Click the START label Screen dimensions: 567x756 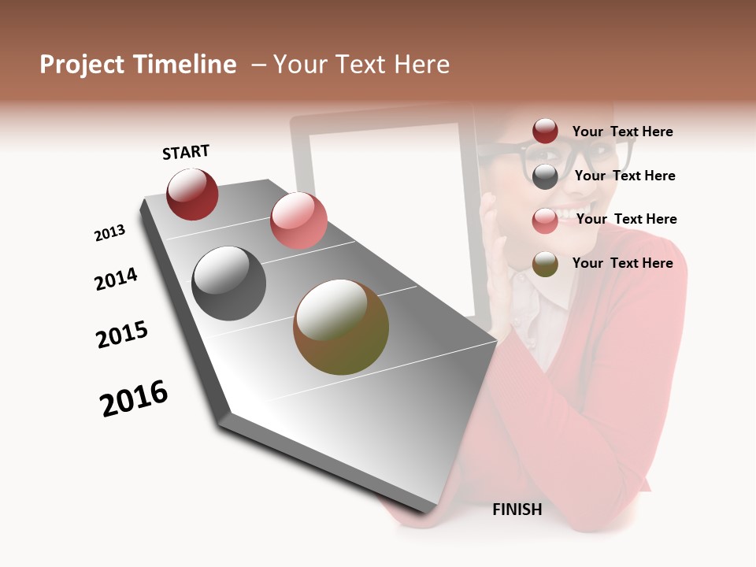point(186,152)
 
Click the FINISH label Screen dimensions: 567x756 point(517,510)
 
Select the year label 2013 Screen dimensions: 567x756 point(109,233)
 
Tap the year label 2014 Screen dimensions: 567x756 point(116,279)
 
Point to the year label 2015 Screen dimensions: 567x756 point(122,335)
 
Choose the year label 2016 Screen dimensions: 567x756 point(134,398)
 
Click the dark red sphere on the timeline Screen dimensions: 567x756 point(192,194)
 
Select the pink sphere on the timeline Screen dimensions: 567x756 point(298,220)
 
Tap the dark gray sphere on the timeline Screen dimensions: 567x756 point(229,283)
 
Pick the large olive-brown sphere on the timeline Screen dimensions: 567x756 point(341,327)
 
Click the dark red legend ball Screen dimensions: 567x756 point(545,132)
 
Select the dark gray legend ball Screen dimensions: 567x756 point(545,176)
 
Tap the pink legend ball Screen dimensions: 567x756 point(545,220)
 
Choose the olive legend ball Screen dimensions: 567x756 point(545,264)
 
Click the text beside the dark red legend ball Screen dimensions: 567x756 point(622,132)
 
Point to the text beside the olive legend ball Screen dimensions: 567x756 point(622,263)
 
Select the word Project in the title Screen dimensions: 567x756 point(82,65)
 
